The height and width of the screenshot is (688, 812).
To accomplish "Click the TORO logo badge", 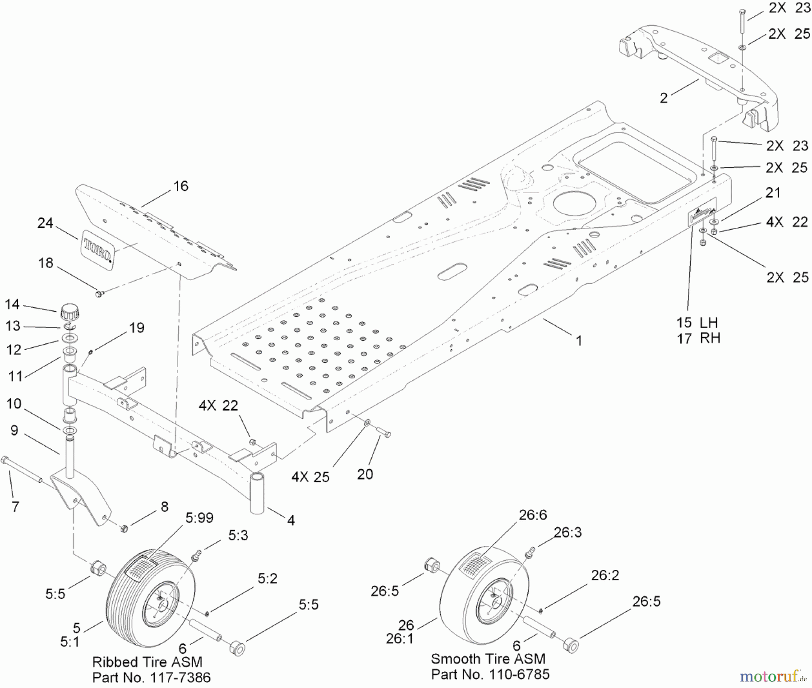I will tap(98, 250).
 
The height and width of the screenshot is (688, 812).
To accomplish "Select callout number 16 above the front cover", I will tap(180, 186).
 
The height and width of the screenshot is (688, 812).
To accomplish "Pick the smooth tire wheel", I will tap(484, 596).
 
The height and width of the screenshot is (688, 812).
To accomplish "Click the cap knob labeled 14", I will tap(69, 312).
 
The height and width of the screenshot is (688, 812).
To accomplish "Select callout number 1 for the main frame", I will tap(579, 341).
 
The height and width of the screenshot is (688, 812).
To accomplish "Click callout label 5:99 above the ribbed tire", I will tap(199, 517).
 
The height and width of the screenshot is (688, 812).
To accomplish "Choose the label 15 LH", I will tap(697, 323).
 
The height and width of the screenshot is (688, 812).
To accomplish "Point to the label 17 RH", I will tap(698, 338).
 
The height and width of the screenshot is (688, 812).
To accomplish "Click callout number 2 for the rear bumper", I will tap(664, 98).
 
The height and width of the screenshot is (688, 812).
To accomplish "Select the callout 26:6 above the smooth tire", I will tap(532, 515).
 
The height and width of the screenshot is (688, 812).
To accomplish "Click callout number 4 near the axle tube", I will tap(291, 520).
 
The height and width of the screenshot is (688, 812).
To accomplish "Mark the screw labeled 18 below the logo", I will tap(99, 294).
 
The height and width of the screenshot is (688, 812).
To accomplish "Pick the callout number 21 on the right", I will tap(773, 193).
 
